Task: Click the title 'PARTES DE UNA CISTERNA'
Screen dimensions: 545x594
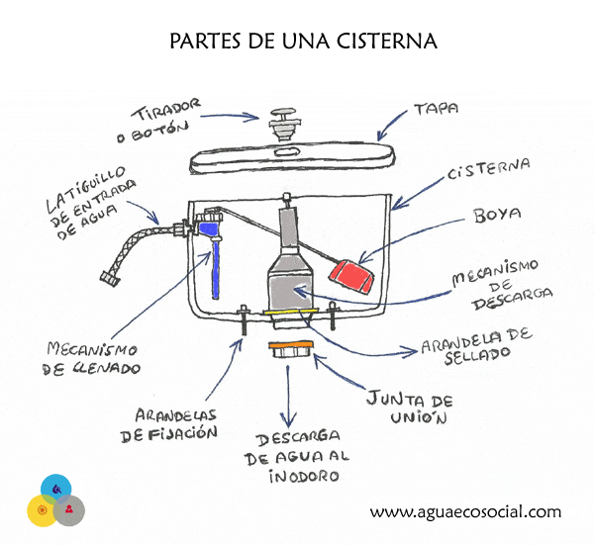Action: click(x=297, y=43)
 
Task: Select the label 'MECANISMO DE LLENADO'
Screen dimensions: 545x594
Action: click(x=93, y=358)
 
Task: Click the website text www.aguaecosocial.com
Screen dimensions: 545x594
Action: click(x=465, y=512)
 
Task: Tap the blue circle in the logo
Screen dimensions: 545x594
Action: click(x=54, y=490)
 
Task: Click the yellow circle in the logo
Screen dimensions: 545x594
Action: click(x=42, y=510)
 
